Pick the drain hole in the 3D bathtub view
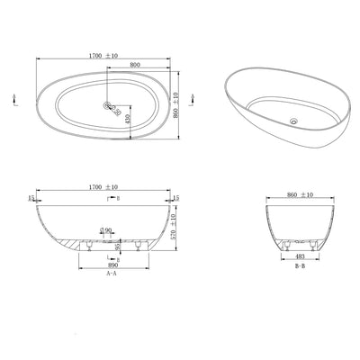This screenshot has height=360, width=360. coord(293,119)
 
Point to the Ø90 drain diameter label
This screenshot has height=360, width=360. coord(105,229)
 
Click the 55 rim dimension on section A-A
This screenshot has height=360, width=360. coord(176,198)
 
